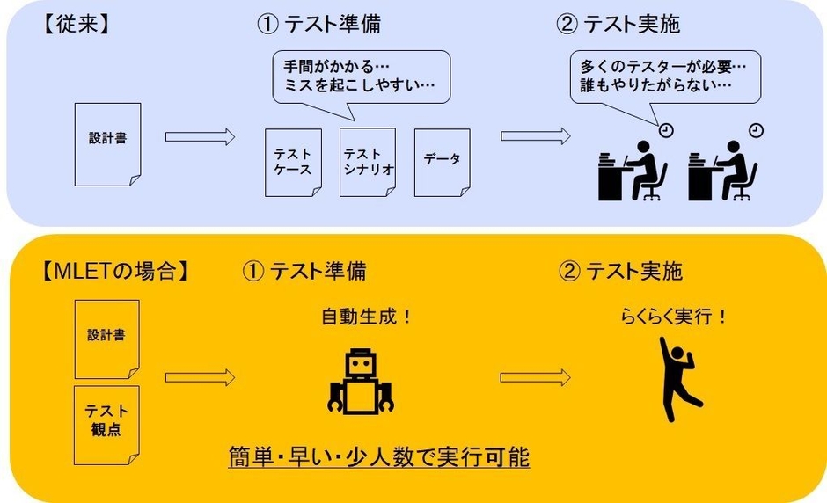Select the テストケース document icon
click(292, 163)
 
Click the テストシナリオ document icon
click(367, 163)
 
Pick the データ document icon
click(442, 162)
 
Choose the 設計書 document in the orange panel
click(106, 339)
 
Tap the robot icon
click(361, 382)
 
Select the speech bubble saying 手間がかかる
click(360, 78)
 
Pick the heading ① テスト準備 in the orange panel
click(304, 270)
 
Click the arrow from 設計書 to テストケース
click(200, 136)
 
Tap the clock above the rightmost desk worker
click(757, 130)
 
